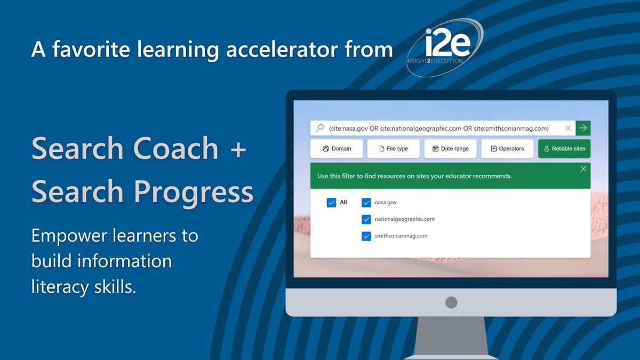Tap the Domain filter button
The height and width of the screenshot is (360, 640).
(337, 149)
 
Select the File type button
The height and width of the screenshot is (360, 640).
(393, 149)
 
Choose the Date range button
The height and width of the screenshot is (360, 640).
(450, 149)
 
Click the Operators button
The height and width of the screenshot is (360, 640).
(507, 149)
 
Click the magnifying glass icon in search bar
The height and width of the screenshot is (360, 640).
(320, 128)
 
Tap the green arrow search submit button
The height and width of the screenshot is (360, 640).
(583, 128)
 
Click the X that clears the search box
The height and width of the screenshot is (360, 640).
(568, 128)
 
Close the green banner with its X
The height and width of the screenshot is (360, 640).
(583, 169)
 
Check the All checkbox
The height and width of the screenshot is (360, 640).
(331, 203)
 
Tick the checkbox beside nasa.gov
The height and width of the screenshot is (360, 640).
(366, 203)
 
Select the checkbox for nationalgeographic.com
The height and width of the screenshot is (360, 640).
(366, 219)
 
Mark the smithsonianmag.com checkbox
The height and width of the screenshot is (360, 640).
(366, 236)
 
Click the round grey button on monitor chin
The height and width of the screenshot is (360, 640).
(451, 302)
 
